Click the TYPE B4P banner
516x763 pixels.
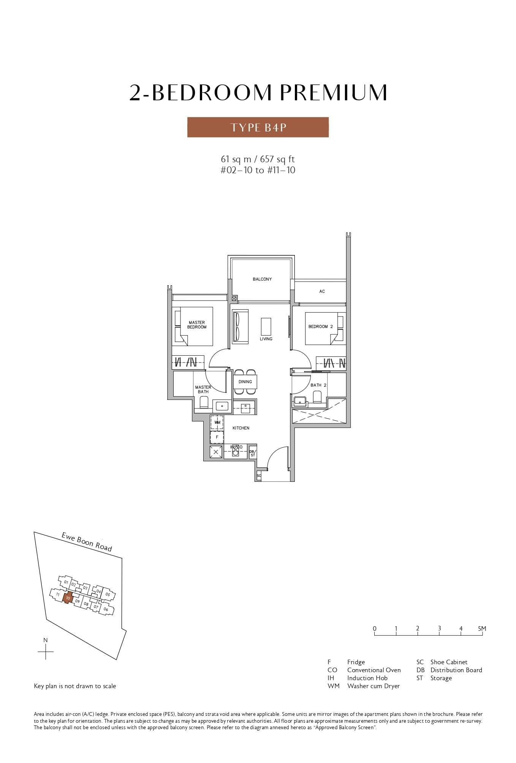pos(258,127)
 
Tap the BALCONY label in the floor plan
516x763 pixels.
pos(262,279)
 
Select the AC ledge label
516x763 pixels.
pos(322,291)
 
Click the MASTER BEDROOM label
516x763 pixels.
pos(197,325)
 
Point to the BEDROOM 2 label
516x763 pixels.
pos(320,327)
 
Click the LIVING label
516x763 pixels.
pos(266,339)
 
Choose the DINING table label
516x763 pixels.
pos(245,382)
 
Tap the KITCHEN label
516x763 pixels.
pos(241,428)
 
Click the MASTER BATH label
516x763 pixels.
pos(203,389)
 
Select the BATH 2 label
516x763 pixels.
pos(318,385)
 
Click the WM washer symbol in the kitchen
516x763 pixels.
pos(217,423)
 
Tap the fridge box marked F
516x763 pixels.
pos(217,437)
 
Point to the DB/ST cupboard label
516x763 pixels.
pos(252,453)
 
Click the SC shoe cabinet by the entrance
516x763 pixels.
pos(259,476)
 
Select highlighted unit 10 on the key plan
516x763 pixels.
pos(68,598)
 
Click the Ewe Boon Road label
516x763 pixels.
pos(87,542)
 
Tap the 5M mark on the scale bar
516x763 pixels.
pos(482,628)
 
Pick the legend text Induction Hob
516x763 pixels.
pos(367,678)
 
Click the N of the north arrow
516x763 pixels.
pos(46,640)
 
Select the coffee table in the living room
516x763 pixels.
pos(266,326)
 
